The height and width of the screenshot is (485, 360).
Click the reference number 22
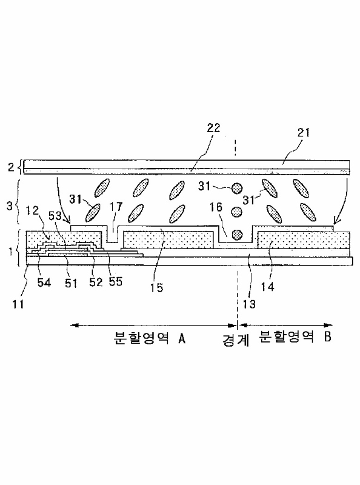click(213, 128)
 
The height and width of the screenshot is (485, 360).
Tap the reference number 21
click(303, 132)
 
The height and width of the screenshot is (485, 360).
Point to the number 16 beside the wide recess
click(216, 207)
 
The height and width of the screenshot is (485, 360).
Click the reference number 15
click(157, 287)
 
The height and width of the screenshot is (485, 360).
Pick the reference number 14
click(267, 287)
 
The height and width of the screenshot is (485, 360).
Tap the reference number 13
click(249, 304)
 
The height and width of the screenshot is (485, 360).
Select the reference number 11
click(18, 304)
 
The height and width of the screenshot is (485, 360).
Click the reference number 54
click(44, 282)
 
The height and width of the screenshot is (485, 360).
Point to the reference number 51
click(71, 283)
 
